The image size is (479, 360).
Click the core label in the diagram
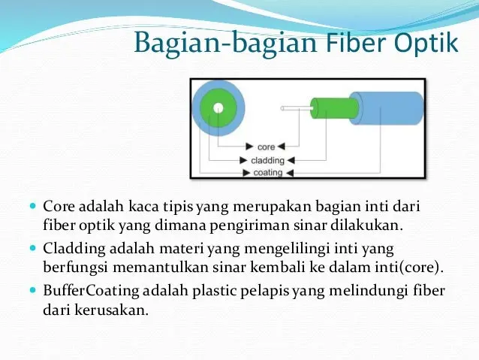266,147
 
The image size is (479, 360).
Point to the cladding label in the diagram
267,160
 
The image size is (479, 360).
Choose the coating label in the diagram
267,172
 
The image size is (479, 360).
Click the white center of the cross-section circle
218,107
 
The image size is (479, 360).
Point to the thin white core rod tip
283,108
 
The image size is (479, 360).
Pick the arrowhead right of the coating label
288,172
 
